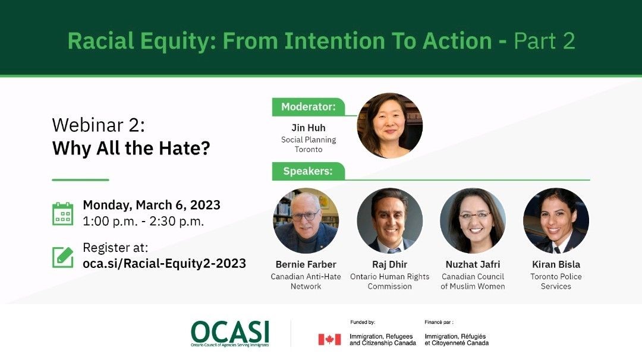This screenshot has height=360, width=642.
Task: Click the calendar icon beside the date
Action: coord(62,213)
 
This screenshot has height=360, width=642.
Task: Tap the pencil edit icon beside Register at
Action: coord(63,257)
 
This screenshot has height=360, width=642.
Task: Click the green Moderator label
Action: coord(309,107)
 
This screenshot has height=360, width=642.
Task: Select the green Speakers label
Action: coord(309,171)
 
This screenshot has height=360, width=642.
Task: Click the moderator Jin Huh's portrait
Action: coord(390,125)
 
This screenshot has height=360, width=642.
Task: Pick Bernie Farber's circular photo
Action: coord(306,220)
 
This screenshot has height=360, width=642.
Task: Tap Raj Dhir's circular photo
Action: coord(390,220)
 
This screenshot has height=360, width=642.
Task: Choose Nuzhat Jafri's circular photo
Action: coord(473,220)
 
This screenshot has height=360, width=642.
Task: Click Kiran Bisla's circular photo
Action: coord(556,220)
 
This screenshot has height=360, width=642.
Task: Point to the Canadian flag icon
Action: coord(329,340)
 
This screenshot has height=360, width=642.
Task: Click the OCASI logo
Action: coord(229,334)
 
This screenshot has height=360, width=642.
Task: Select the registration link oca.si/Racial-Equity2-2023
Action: coord(164,263)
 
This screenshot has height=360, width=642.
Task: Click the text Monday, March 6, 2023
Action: coord(152,205)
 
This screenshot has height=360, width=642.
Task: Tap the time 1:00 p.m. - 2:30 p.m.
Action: coord(143,222)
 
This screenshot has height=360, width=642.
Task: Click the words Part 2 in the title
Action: coord(544,41)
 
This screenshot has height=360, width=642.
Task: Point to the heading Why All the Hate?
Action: coord(131,148)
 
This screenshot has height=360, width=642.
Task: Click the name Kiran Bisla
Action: coord(556,264)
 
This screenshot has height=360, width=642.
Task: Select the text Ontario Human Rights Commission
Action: coord(390,282)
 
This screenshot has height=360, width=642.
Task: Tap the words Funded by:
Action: coord(363,323)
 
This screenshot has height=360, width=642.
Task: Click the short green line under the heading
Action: coord(80,179)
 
